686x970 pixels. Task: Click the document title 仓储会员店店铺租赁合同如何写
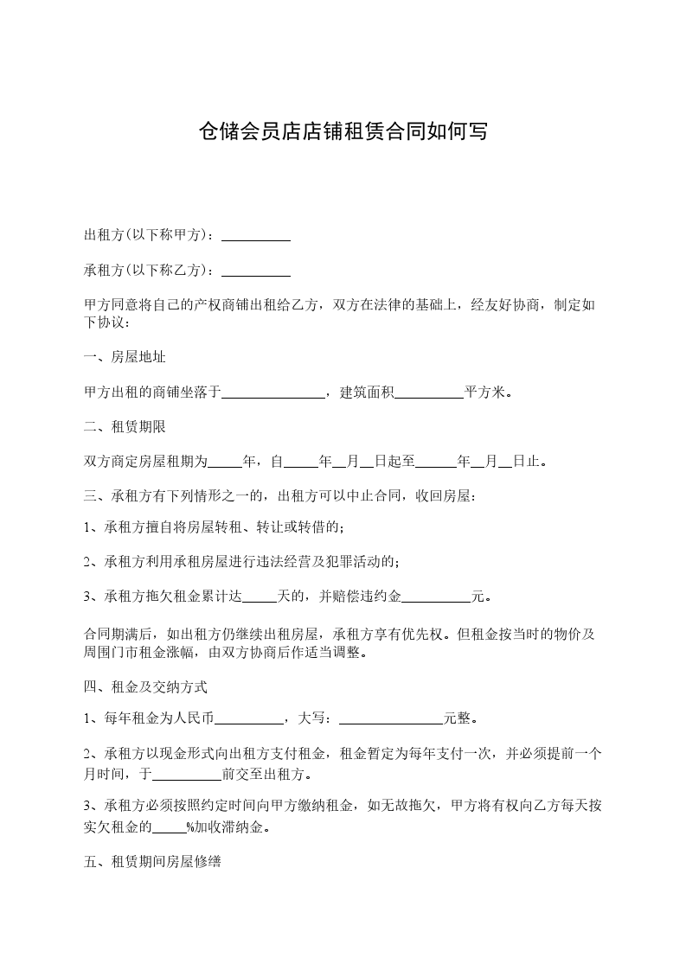[343, 132]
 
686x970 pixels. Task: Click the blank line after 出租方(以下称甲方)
[256, 235]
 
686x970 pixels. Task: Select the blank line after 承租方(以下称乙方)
[256, 271]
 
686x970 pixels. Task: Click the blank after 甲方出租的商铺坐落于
[273, 392]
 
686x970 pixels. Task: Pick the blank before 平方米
[429, 392]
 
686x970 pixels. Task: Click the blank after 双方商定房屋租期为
[226, 462]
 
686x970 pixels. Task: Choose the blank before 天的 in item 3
[259, 597]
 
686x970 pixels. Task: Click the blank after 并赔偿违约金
[437, 597]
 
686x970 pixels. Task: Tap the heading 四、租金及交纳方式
[145, 688]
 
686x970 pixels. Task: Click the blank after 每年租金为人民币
[248, 718]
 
